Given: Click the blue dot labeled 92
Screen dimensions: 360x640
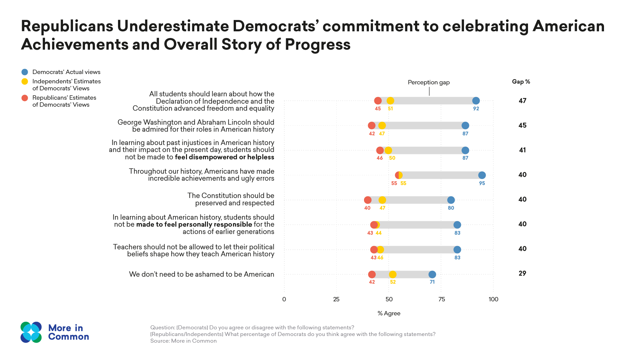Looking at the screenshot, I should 476,101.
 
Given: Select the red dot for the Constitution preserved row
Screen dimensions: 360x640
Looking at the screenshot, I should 368,200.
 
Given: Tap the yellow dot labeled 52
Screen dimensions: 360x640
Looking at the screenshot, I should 393,274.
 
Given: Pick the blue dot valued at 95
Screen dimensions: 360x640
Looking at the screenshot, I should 482,175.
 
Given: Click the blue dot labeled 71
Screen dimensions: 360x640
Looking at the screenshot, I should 432,274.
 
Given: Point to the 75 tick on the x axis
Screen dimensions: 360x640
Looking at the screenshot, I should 441,299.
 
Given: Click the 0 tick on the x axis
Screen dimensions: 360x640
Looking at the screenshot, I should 284,299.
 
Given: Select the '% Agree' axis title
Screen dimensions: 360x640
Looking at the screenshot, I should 389,313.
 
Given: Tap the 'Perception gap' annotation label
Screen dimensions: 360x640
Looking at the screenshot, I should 429,82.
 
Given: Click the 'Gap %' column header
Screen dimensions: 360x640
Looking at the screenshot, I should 521,82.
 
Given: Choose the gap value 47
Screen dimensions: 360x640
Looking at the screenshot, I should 522,101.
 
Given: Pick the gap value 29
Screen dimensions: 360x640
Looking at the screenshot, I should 522,274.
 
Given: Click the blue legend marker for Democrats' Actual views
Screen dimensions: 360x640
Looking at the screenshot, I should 25,72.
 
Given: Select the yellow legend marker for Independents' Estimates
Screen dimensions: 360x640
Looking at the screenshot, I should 25,81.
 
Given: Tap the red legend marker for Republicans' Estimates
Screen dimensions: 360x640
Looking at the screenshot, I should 25,98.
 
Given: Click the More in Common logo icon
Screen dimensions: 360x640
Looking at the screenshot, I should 31,332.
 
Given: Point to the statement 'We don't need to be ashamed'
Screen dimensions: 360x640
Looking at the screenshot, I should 201,274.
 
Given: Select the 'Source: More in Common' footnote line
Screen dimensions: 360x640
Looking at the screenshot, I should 183,341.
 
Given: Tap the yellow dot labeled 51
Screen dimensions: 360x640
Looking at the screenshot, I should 390,101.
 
